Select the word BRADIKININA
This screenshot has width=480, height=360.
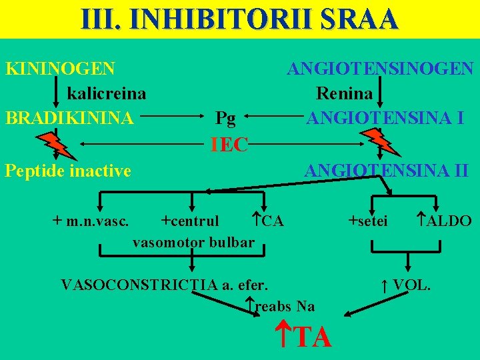click(69, 119)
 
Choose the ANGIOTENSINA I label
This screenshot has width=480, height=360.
click(385, 119)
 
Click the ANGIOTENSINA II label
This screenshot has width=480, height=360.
click(386, 171)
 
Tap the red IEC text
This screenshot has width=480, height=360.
click(229, 144)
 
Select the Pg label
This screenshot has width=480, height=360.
click(225, 119)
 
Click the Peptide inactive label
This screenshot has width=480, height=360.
click(68, 171)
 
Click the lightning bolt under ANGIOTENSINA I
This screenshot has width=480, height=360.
click(378, 142)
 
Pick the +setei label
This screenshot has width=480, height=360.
click(368, 221)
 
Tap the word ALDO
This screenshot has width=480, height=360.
click(448, 221)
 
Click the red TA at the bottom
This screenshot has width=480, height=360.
click(311, 337)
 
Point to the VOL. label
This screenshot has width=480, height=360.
click(411, 285)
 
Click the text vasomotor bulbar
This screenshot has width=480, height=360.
click(193, 242)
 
